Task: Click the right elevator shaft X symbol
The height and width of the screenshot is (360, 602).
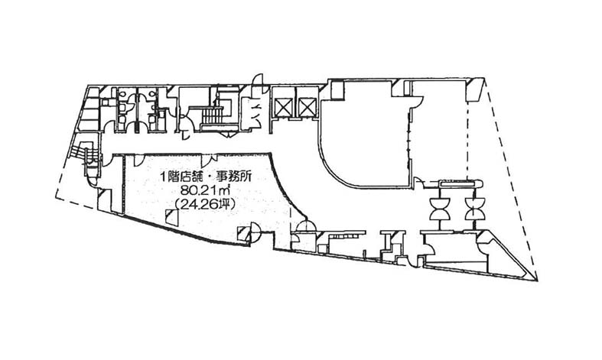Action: tap(308, 107)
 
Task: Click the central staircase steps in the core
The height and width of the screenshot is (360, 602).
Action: tap(213, 115)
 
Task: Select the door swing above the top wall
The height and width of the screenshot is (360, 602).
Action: tap(258, 82)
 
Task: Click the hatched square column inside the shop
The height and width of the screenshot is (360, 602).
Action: tap(171, 218)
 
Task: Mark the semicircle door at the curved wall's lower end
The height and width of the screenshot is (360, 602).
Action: tap(306, 226)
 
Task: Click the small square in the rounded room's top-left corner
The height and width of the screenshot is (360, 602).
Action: tap(337, 89)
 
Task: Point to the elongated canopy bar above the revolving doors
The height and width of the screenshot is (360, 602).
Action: tap(460, 184)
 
